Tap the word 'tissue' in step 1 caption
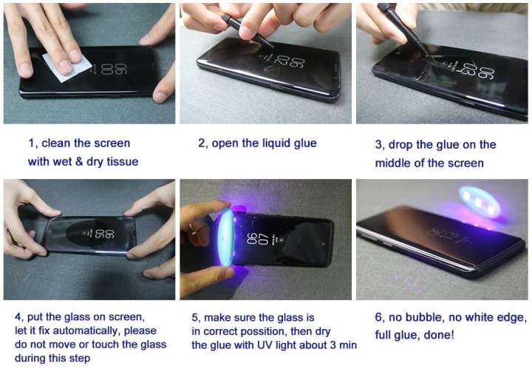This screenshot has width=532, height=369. [120, 162]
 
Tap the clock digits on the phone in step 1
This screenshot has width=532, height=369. [108, 72]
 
